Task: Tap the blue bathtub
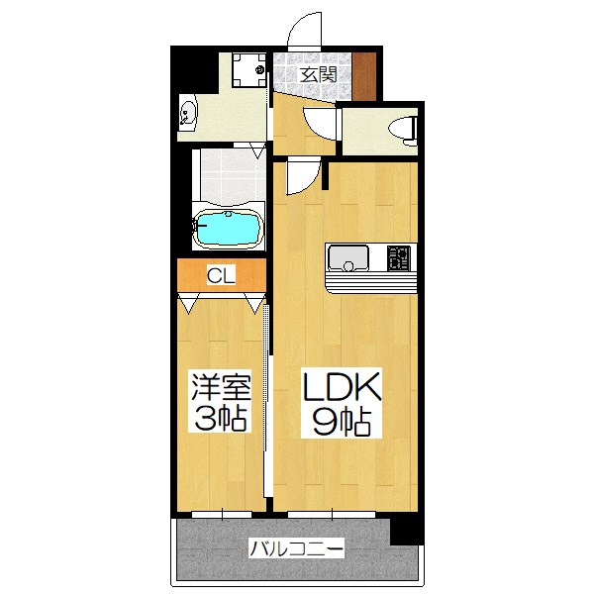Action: [x=230, y=230]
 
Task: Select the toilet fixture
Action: [x=400, y=129]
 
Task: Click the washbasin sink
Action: [x=189, y=117]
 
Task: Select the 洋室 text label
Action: [x=220, y=384]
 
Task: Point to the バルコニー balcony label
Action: [x=296, y=547]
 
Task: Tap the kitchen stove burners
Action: [x=398, y=258]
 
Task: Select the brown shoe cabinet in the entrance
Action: [x=365, y=74]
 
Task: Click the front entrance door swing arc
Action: [x=306, y=32]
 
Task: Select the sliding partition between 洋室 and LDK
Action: [x=268, y=396]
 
